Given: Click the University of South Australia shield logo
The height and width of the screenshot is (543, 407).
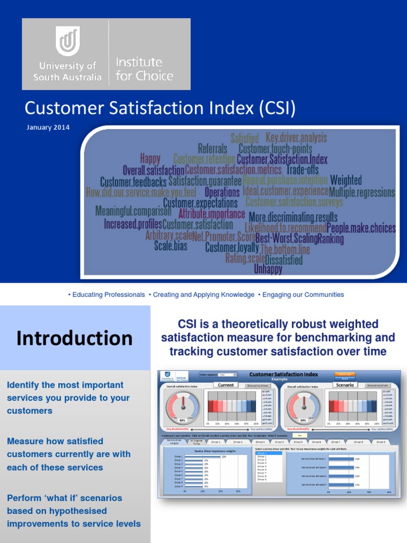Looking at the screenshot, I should pyautogui.click(x=68, y=42).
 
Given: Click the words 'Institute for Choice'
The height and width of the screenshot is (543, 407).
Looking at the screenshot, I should pyautogui.click(x=144, y=69).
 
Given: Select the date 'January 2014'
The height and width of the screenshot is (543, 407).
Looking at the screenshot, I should pyautogui.click(x=47, y=127).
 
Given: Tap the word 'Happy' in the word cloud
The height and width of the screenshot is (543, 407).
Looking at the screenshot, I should pyautogui.click(x=150, y=159).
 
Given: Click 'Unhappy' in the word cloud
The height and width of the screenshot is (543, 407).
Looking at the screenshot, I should pyautogui.click(x=268, y=269).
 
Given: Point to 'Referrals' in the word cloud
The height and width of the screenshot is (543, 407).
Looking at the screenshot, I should pyautogui.click(x=212, y=149).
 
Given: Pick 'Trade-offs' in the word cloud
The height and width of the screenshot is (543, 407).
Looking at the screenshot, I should pyautogui.click(x=303, y=170).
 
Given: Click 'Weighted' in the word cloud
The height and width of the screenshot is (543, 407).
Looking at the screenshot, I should pyautogui.click(x=346, y=180).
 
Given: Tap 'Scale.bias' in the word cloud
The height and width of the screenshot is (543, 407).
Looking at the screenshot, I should pyautogui.click(x=171, y=246).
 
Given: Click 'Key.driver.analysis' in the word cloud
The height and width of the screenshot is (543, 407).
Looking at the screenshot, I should pyautogui.click(x=296, y=138).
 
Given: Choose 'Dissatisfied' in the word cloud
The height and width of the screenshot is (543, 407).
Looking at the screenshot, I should pyautogui.click(x=284, y=260).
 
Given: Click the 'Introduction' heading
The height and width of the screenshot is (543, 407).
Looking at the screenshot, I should pyautogui.click(x=74, y=338).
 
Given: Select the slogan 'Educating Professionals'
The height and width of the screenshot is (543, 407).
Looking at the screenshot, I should pyautogui.click(x=109, y=295).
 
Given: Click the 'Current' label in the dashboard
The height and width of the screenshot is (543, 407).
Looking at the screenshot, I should pyautogui.click(x=226, y=385).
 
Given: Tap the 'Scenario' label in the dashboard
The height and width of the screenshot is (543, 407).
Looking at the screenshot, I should pyautogui.click(x=344, y=385).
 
